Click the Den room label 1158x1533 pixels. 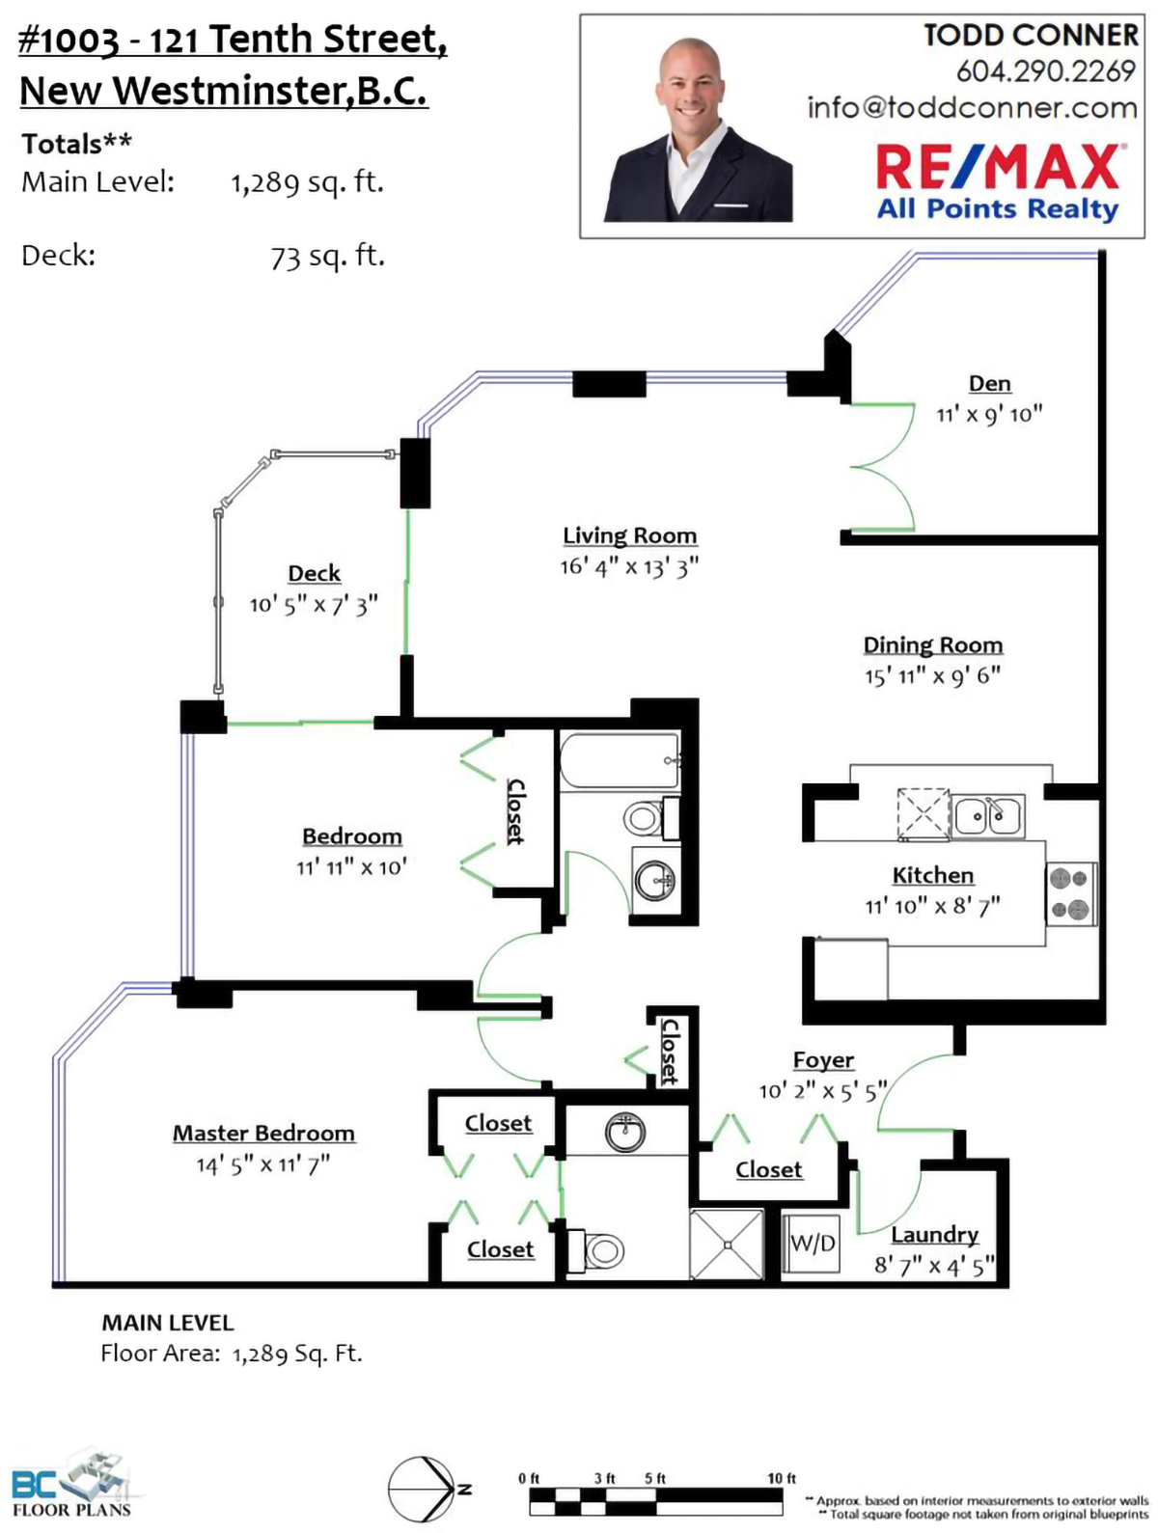[x=989, y=383]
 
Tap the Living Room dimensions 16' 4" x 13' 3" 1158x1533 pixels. [x=628, y=566]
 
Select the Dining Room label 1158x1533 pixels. [x=932, y=644]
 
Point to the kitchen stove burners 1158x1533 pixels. [x=1071, y=893]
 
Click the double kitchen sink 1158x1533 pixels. [x=987, y=815]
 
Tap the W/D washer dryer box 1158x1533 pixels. [x=812, y=1244]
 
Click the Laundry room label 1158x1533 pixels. [x=934, y=1235]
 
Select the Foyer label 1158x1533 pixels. [x=823, y=1059]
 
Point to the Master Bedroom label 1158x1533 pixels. [x=263, y=1132]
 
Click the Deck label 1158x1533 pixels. [x=314, y=573]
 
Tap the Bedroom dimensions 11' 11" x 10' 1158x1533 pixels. [x=351, y=866]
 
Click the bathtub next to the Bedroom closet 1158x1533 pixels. [x=620, y=760]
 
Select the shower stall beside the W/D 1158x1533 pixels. [x=727, y=1245]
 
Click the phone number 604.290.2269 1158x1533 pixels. [x=1045, y=70]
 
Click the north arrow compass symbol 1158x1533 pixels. [x=424, y=1490]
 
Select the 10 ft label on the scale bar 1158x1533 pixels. [x=781, y=1478]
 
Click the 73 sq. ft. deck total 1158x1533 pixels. [x=327, y=257]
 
